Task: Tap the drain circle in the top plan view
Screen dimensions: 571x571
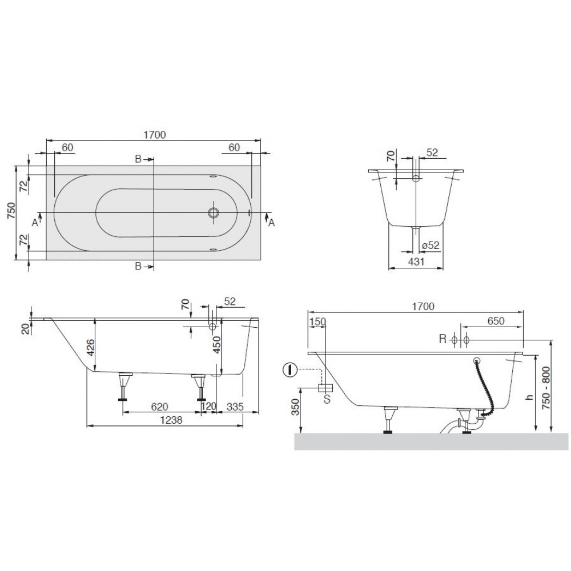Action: pos(214,212)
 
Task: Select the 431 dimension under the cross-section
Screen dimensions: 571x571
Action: pos(416,262)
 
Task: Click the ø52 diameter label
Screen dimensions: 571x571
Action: pos(431,246)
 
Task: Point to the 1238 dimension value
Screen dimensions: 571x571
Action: pos(171,420)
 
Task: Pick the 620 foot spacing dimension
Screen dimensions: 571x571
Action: pos(159,407)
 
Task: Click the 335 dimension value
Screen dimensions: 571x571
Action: pos(235,407)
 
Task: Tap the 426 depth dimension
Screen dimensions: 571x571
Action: pos(91,347)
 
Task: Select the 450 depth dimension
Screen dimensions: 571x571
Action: pos(216,344)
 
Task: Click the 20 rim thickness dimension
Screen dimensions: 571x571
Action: pos(26,329)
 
